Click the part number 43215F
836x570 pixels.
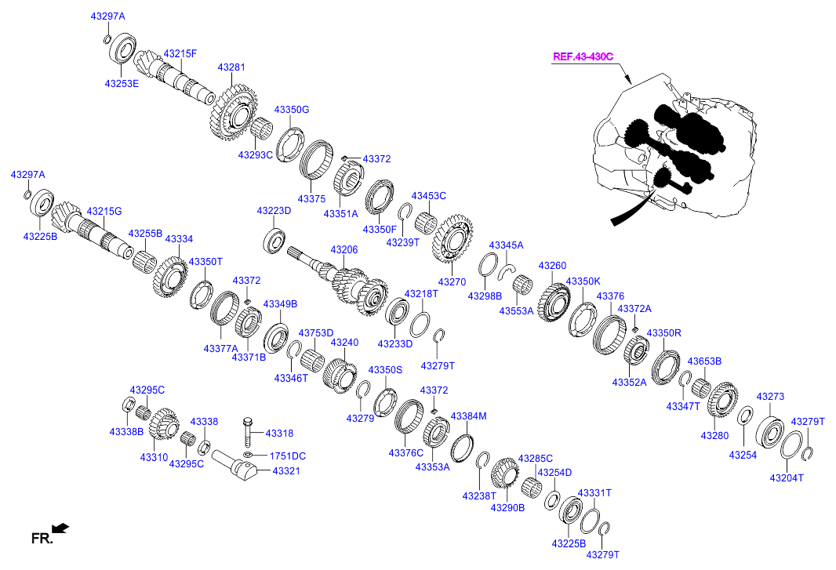[x=180, y=54]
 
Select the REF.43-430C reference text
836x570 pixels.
[x=583, y=56]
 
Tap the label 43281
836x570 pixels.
[x=231, y=67]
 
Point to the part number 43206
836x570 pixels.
[x=343, y=249]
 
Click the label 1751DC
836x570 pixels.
[x=288, y=456]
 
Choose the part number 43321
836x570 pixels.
[x=286, y=470]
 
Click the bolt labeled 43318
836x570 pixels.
[x=249, y=429]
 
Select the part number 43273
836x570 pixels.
[x=769, y=397]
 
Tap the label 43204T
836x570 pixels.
[x=786, y=477]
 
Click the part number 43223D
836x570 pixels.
[x=274, y=211]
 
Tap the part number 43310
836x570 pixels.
[x=154, y=456]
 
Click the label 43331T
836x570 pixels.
[x=594, y=492]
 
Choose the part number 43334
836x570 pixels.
[x=179, y=238]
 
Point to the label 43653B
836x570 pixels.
[x=704, y=361]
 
